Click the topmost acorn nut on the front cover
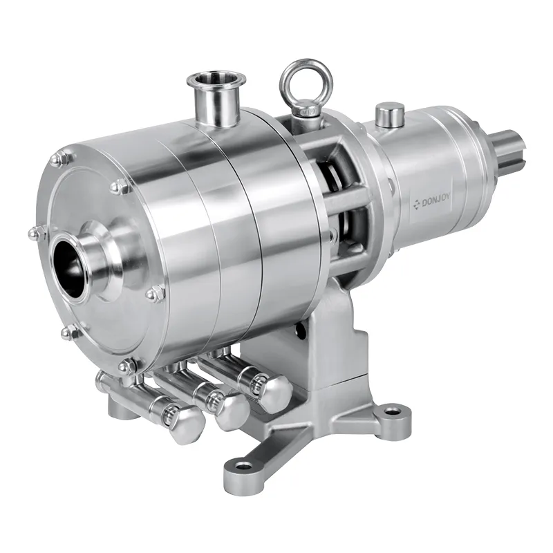(62, 160)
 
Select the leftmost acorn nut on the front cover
(34, 235)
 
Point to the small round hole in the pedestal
(299, 332)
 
